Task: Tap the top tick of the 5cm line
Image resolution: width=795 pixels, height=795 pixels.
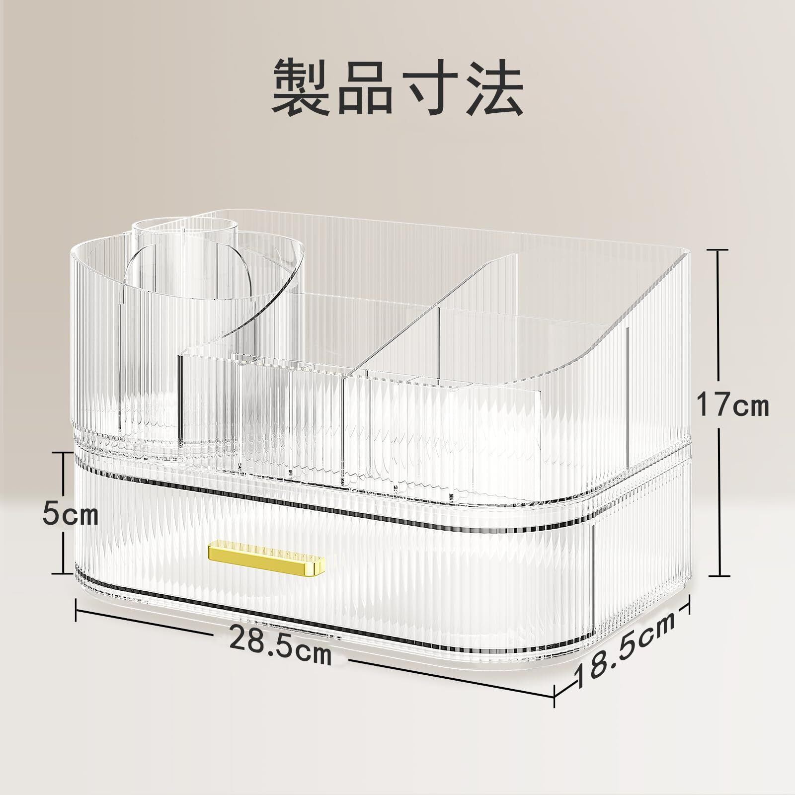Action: click(64, 453)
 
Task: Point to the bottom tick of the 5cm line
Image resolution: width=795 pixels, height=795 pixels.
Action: click(64, 572)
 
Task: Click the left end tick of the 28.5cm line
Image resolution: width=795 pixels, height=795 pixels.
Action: click(76, 609)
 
